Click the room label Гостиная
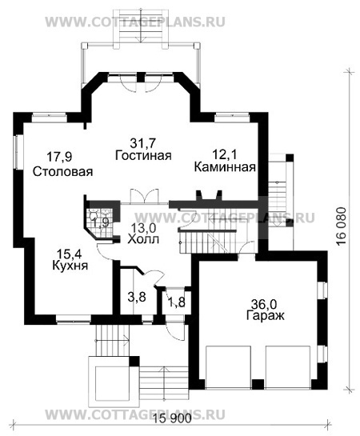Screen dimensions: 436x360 143,155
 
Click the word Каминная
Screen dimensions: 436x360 225,167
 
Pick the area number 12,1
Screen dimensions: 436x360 225,154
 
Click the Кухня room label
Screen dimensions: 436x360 70,265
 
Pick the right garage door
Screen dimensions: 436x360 286,363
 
